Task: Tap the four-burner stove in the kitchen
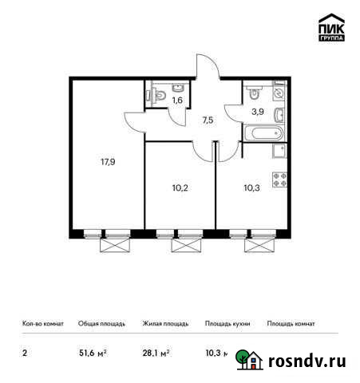(x=280, y=180)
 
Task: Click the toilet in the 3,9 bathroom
(x=253, y=90)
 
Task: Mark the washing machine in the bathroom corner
(x=279, y=93)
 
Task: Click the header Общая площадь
(x=100, y=324)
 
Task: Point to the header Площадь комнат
(x=291, y=324)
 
